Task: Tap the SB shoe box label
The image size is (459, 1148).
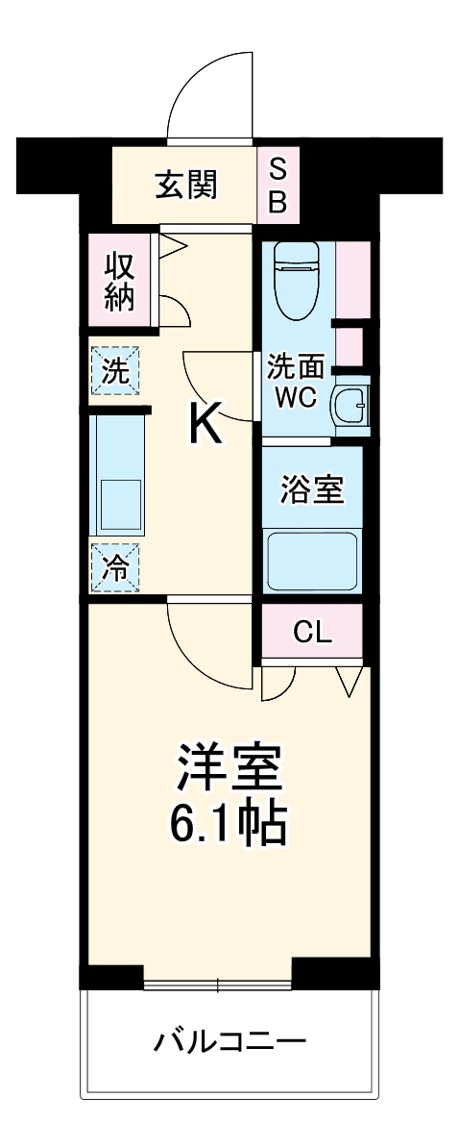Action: click(277, 185)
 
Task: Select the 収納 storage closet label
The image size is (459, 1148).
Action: click(119, 280)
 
